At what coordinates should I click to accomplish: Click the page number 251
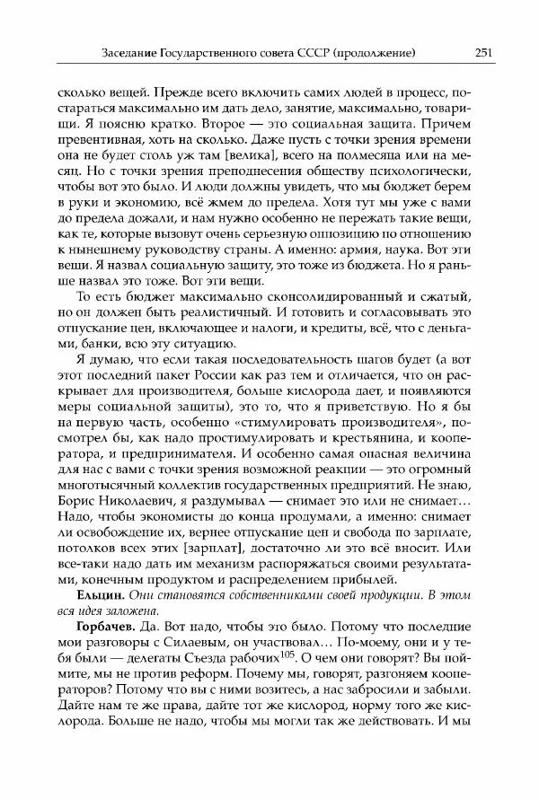[482, 53]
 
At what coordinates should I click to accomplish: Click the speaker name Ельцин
[80, 596]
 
